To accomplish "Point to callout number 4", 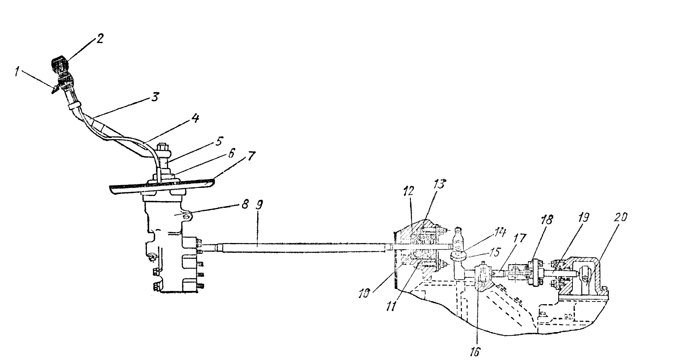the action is click(194, 118).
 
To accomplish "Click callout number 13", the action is click(439, 185).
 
